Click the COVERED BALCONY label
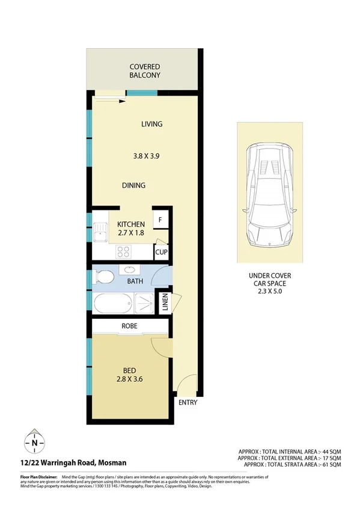[144, 71]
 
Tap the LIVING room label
[152, 124]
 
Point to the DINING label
[133, 185]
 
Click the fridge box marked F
[160, 221]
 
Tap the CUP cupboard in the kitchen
[161, 252]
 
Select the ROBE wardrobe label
[130, 326]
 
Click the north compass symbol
[34, 443]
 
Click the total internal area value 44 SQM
[329, 450]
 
